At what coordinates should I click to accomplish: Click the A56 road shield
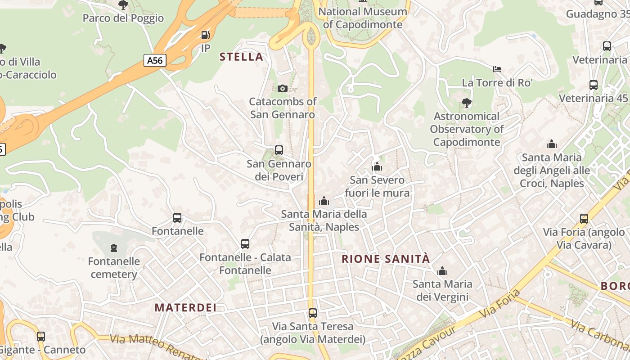tap(155, 60)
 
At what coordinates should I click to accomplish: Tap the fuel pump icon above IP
tap(205, 35)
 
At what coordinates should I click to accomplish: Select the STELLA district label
tap(241, 57)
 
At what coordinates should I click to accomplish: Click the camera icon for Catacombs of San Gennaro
tap(283, 88)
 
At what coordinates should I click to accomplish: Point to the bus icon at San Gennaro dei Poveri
tap(279, 150)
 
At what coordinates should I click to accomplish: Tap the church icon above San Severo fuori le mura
tap(377, 167)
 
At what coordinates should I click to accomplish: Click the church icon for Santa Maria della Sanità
tap(324, 201)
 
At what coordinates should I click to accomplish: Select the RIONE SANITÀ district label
tap(386, 259)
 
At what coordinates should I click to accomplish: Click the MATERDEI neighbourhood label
tap(185, 308)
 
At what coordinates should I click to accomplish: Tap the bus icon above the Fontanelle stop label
tap(177, 218)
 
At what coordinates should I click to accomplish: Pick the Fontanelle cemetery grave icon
tap(113, 248)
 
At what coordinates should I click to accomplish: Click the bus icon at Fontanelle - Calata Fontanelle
tap(245, 244)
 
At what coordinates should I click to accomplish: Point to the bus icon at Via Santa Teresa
tap(313, 313)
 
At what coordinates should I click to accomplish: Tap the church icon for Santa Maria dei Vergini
tap(443, 271)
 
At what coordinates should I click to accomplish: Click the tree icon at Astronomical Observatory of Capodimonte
tap(467, 103)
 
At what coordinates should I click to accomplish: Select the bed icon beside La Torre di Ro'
tap(497, 69)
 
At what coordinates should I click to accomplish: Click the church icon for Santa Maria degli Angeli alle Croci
tap(552, 144)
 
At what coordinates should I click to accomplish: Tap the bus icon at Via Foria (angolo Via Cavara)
tap(584, 219)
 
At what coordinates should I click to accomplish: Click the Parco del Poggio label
tap(123, 18)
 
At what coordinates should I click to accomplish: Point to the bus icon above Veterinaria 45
tap(594, 85)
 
